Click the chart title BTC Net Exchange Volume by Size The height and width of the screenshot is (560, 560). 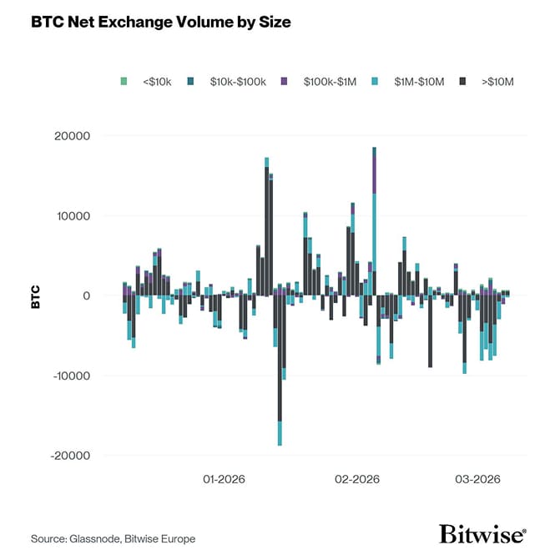(x=161, y=23)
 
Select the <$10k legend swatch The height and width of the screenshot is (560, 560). (x=124, y=81)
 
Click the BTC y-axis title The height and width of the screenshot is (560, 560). (x=36, y=296)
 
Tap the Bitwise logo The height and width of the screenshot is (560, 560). (x=482, y=533)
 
